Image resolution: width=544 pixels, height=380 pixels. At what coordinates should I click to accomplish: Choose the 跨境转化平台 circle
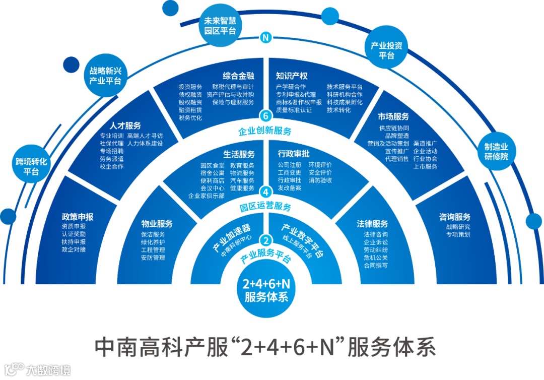coord(31,167)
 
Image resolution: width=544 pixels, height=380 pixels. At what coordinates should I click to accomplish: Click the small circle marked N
coord(265,37)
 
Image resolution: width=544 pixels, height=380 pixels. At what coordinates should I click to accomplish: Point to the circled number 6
coord(265,115)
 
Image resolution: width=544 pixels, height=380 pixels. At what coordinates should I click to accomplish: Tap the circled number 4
coord(265,192)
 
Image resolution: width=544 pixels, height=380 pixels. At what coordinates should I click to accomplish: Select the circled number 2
coord(265,240)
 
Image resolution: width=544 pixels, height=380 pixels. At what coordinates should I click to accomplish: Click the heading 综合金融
coord(238,76)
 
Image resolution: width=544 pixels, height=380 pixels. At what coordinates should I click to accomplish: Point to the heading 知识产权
coord(292,76)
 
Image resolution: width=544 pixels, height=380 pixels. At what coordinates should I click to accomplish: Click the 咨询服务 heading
coord(454,217)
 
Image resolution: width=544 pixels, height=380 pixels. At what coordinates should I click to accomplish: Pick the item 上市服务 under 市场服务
coord(425,166)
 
